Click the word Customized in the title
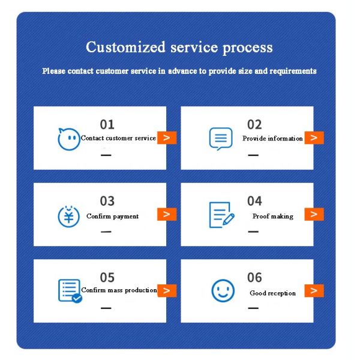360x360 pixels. (125, 47)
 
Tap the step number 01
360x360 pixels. (107, 124)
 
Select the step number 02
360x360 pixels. (254, 124)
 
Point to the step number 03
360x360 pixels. (107, 201)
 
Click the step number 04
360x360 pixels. (254, 201)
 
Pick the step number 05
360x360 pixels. (107, 277)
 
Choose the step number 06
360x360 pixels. (254, 277)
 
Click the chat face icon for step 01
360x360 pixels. (69, 139)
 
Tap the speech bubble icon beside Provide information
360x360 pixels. (221, 139)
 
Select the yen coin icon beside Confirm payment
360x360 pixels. (68, 216)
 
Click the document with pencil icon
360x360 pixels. (221, 215)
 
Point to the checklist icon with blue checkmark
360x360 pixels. (70, 291)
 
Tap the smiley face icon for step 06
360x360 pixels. (223, 290)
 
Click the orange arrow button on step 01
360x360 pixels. (167, 137)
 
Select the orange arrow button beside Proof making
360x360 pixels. (314, 214)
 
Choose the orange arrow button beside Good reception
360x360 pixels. (314, 290)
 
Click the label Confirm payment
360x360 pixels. (113, 216)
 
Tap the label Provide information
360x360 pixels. (272, 138)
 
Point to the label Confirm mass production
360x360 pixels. (119, 290)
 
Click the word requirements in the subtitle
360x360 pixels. (293, 71)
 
